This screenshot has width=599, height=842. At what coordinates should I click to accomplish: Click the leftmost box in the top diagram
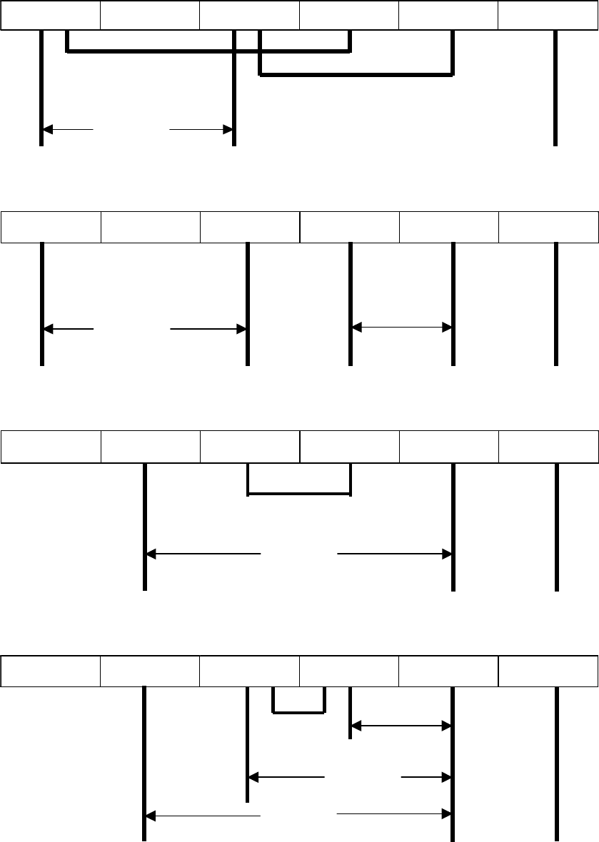50,15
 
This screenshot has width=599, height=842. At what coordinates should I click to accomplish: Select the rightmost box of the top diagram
548,15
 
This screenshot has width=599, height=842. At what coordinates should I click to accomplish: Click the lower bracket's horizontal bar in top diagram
356,74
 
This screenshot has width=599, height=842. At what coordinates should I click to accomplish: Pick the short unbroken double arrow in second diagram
401,328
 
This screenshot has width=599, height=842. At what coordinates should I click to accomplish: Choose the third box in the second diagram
249,227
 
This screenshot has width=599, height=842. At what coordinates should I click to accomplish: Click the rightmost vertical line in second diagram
555,304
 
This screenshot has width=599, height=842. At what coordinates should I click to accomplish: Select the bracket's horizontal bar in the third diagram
298,494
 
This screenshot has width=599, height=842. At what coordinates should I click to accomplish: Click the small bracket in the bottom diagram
299,711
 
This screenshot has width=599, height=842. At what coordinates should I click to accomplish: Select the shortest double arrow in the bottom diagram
401,726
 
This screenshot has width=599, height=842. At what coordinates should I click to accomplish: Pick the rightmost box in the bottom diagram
548,671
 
